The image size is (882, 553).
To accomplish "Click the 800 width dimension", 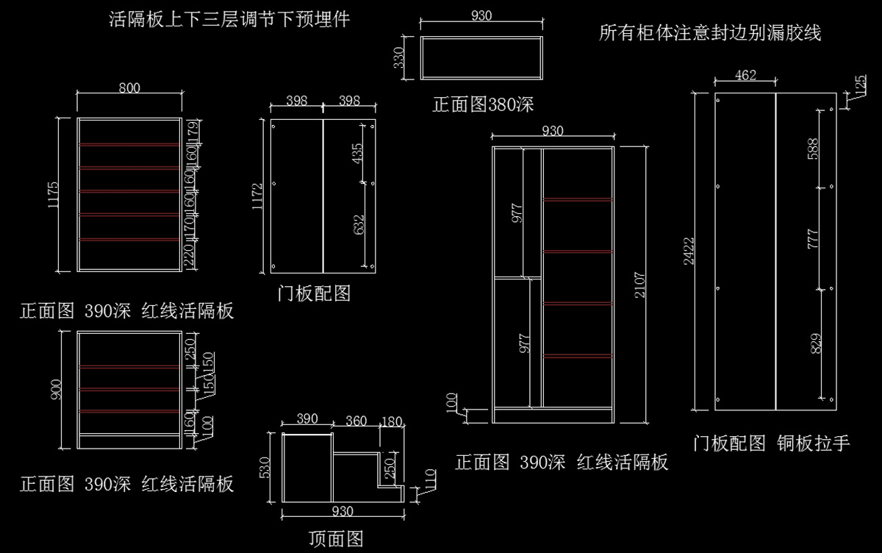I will (129, 88).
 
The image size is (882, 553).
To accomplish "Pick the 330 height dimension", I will (398, 57).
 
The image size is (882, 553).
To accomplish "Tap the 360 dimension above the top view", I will (356, 421).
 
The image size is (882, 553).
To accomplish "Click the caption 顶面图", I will (336, 539).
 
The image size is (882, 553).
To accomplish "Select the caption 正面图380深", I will (482, 105).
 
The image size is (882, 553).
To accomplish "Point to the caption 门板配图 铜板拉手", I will (771, 443).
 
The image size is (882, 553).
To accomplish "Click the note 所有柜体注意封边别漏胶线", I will (709, 32).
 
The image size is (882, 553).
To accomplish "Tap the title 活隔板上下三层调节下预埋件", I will (229, 19).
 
